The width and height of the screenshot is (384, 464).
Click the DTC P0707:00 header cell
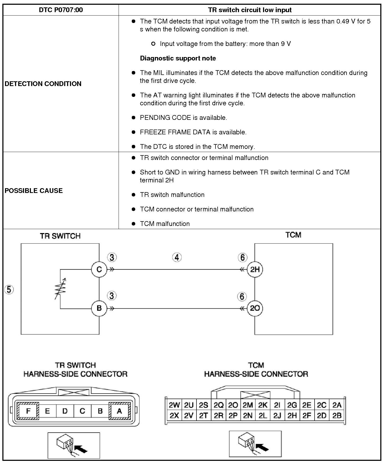[61, 10]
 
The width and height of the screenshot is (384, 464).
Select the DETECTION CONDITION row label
[43, 84]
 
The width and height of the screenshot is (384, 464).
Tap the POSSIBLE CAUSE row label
[34, 191]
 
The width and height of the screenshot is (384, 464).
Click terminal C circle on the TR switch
[99, 269]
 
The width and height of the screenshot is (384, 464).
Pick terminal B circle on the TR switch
[99, 308]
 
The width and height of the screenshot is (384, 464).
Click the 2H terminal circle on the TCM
[255, 269]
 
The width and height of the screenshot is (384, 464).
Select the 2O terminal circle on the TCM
[255, 308]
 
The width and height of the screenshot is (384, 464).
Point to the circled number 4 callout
[177, 257]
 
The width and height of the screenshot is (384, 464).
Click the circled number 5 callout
[9, 290]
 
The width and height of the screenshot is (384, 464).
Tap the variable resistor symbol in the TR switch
[60, 289]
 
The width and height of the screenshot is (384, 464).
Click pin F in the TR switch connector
[28, 411]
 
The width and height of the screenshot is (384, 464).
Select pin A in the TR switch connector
[119, 411]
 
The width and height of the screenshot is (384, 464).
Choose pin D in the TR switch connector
[65, 411]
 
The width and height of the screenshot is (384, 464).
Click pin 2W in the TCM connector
[174, 405]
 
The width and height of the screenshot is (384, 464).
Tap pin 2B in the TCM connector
[337, 416]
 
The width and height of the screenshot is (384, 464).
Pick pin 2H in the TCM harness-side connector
[292, 416]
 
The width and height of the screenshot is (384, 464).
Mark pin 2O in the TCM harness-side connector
[233, 405]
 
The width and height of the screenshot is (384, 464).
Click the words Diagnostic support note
[178, 58]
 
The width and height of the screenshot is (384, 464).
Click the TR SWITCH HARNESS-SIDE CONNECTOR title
[75, 370]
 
